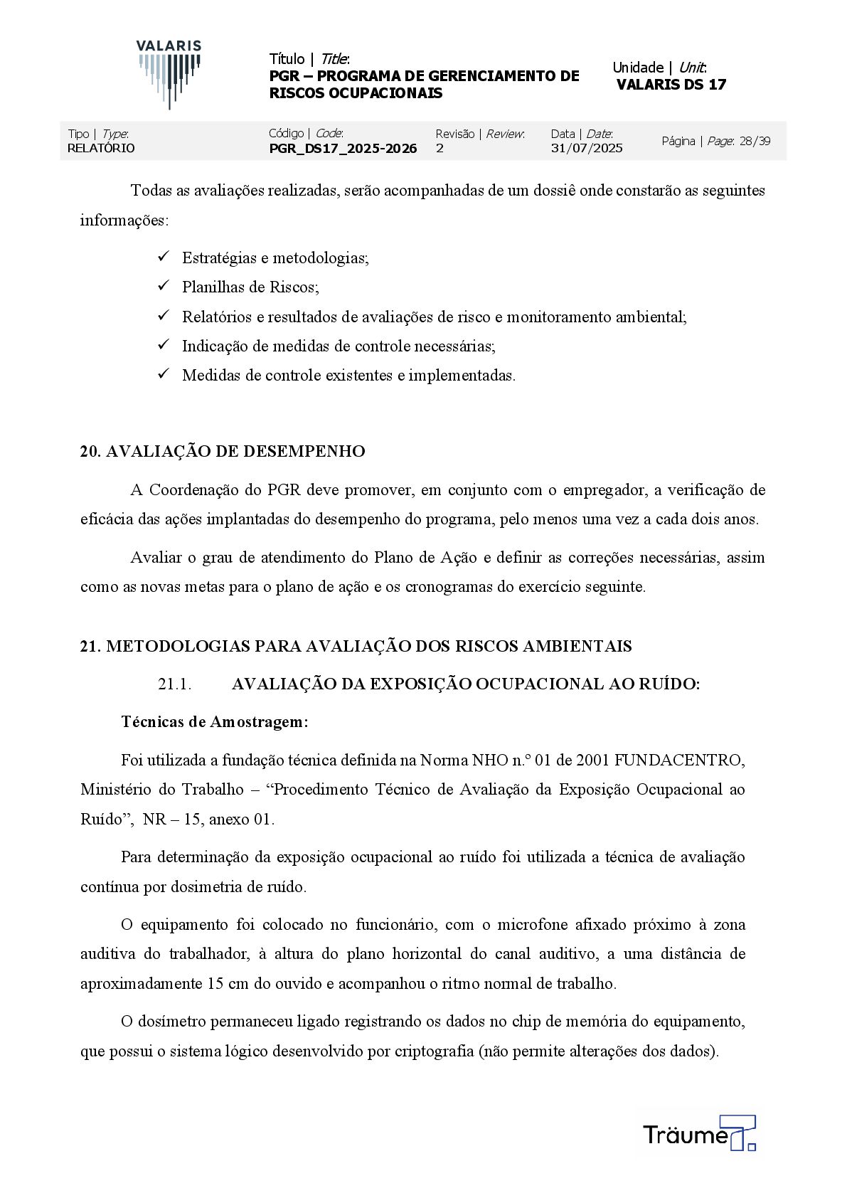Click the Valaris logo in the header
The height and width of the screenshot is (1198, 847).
click(x=169, y=74)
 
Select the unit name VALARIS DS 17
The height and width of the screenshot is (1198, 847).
click(x=671, y=85)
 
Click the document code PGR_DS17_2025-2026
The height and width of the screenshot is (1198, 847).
click(x=343, y=148)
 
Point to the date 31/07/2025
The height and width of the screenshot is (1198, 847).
click(x=587, y=148)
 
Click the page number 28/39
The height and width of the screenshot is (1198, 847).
click(x=755, y=141)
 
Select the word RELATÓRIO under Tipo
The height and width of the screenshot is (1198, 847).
click(x=101, y=148)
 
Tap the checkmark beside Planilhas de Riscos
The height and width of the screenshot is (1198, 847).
click(x=164, y=286)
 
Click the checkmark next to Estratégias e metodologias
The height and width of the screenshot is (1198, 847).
click(x=164, y=257)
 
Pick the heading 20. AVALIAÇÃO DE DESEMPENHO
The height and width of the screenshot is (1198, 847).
click(x=223, y=452)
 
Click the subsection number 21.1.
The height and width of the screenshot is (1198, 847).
click(x=174, y=684)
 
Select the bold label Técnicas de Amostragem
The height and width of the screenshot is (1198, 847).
click(x=215, y=722)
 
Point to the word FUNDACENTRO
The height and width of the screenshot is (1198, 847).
click(x=679, y=760)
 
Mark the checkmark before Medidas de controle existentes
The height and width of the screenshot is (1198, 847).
click(x=164, y=374)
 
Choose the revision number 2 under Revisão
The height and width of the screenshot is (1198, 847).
click(x=440, y=148)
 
